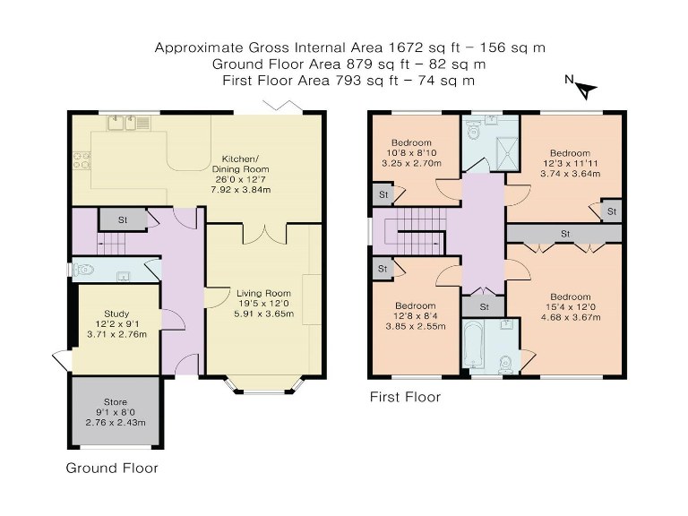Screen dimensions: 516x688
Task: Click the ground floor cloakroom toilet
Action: pyautogui.click(x=87, y=269)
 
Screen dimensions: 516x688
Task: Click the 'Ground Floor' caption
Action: pyautogui.click(x=112, y=469)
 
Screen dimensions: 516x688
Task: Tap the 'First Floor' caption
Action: pyautogui.click(x=405, y=397)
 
